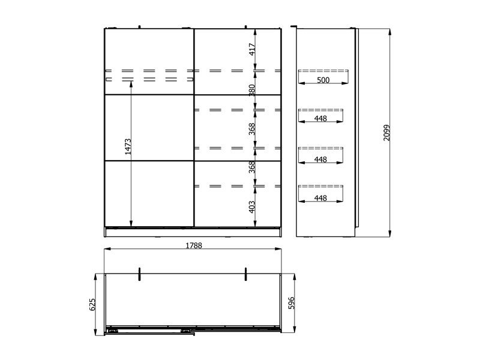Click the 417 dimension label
point(252,49)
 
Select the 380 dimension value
point(252,91)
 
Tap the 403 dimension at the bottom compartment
point(252,207)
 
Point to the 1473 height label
point(128,146)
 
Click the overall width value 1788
point(194,245)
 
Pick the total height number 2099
point(387,133)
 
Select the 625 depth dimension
point(92,305)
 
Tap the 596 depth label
point(292,303)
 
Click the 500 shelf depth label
point(323,80)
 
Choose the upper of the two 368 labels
point(252,129)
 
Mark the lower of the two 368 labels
point(252,167)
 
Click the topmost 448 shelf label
point(320,118)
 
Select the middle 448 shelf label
point(320,160)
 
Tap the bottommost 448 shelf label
point(320,198)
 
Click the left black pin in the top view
point(139,274)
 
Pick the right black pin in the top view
point(245,274)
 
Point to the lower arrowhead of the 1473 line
point(131,224)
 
